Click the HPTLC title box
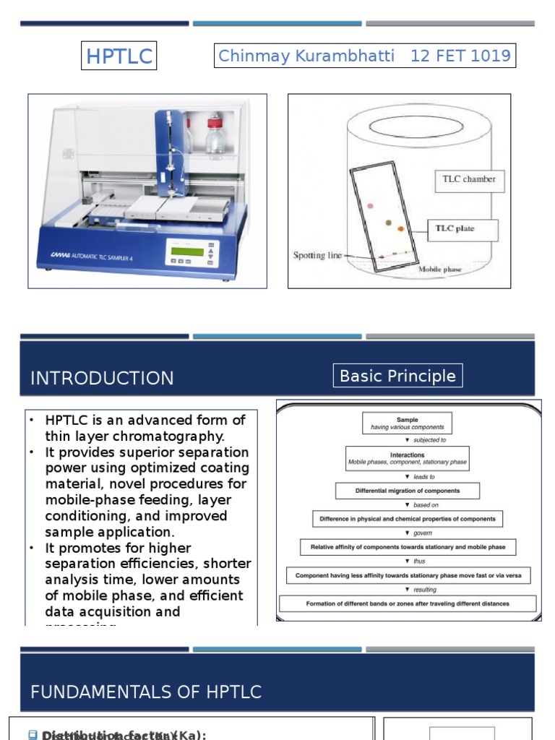coord(119,56)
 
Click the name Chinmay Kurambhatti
coord(306,56)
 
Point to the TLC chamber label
coord(469,180)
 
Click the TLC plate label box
coord(455,229)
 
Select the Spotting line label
coord(318,255)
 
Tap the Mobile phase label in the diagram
coord(441,269)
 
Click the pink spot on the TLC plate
coord(371,206)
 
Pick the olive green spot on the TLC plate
coord(388,223)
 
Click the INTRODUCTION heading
coord(102,378)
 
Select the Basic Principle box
coord(397,376)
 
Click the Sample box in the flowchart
coord(407,423)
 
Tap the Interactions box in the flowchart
coord(407,458)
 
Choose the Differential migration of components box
coord(407,491)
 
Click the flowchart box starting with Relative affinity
coord(408,547)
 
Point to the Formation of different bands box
coord(408,603)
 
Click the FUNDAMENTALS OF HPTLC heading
coord(146,692)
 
